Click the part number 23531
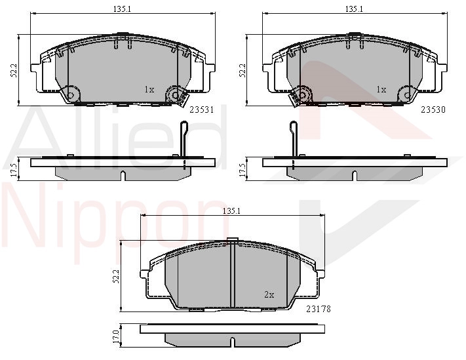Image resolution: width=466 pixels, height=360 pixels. [202, 110]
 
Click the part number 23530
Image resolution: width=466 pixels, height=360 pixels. [433, 110]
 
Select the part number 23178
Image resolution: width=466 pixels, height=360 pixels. [319, 309]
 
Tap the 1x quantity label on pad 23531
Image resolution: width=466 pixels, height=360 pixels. [149, 89]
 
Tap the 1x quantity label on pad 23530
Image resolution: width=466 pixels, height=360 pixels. [381, 89]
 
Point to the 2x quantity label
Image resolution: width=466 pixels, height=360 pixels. [269, 294]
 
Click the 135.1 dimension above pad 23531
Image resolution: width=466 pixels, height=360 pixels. [122, 9]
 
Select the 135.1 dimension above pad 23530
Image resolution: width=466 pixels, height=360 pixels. [354, 9]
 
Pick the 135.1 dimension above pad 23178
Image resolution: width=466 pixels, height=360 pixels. [231, 211]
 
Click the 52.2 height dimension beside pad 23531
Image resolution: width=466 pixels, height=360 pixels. [13, 70]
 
